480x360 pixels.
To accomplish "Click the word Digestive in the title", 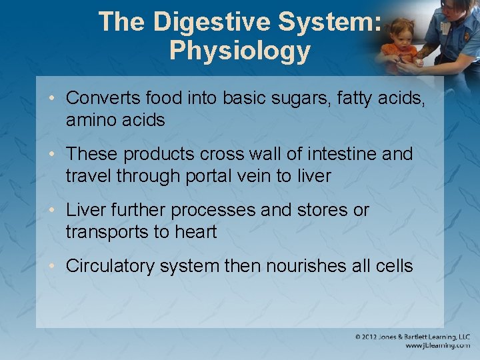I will click(x=212, y=22).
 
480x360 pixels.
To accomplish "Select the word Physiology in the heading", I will click(x=240, y=51).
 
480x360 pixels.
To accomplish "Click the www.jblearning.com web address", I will click(x=437, y=346).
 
